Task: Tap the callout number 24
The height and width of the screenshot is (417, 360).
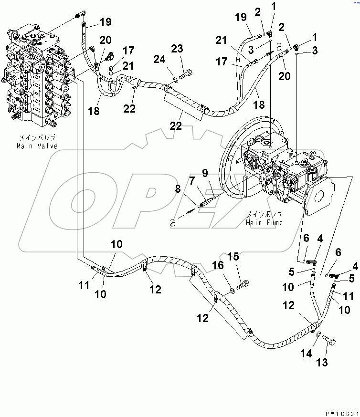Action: tap(160, 59)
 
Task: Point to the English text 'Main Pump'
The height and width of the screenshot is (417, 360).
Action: tap(264, 222)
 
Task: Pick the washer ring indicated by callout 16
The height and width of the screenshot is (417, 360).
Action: tap(232, 288)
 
